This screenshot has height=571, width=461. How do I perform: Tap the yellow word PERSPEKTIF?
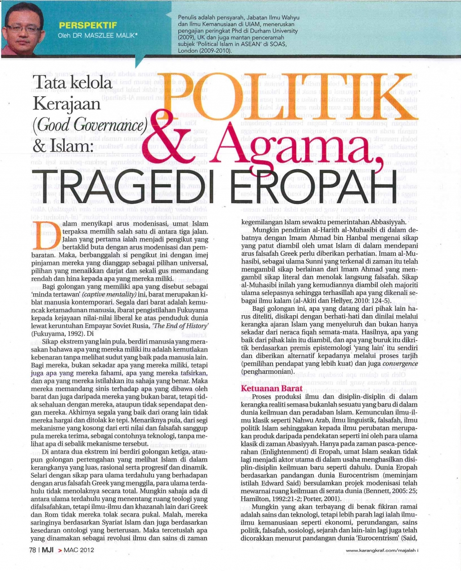click(88, 26)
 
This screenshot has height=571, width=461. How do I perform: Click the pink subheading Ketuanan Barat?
click(266, 388)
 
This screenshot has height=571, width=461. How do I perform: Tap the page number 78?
click(32, 550)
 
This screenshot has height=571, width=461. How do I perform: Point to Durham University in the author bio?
click(274, 31)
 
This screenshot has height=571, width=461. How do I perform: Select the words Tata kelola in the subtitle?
click(72, 82)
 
